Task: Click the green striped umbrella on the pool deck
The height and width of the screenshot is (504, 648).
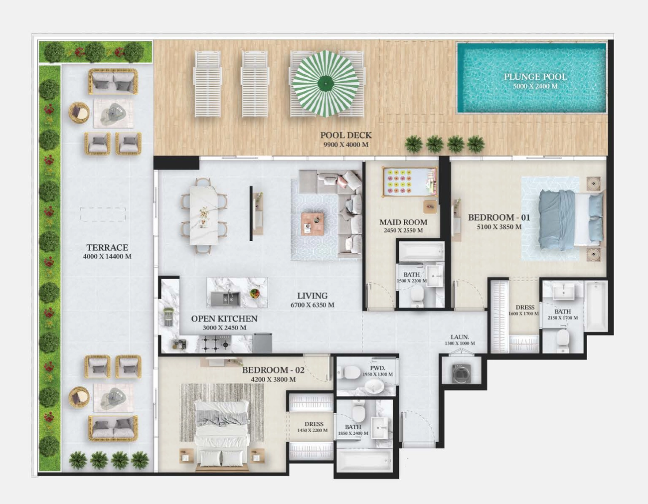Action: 325,84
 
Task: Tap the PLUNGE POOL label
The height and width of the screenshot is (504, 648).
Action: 535,77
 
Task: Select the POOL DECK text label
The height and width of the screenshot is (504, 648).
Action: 346,135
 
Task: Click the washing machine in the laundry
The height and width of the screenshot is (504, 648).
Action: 461,373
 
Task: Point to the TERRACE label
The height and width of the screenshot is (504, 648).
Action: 107,248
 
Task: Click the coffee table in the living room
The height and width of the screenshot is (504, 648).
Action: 312,224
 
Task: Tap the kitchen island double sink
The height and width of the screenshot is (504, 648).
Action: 225,299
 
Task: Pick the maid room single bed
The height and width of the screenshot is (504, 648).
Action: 410,181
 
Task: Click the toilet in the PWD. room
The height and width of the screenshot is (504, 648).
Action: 348,372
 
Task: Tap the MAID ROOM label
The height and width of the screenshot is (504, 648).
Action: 403,222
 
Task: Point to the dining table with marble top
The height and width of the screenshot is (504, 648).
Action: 204,216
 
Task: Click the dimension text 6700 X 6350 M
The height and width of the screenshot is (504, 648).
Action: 312,305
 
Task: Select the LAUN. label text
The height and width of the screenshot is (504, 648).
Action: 460,337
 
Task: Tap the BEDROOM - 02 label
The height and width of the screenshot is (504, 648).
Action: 273,370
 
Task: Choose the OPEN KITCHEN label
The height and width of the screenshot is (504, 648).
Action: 224,319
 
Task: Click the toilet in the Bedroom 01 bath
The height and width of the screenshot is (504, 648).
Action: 563,340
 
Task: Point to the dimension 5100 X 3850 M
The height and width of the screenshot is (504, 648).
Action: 499,227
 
